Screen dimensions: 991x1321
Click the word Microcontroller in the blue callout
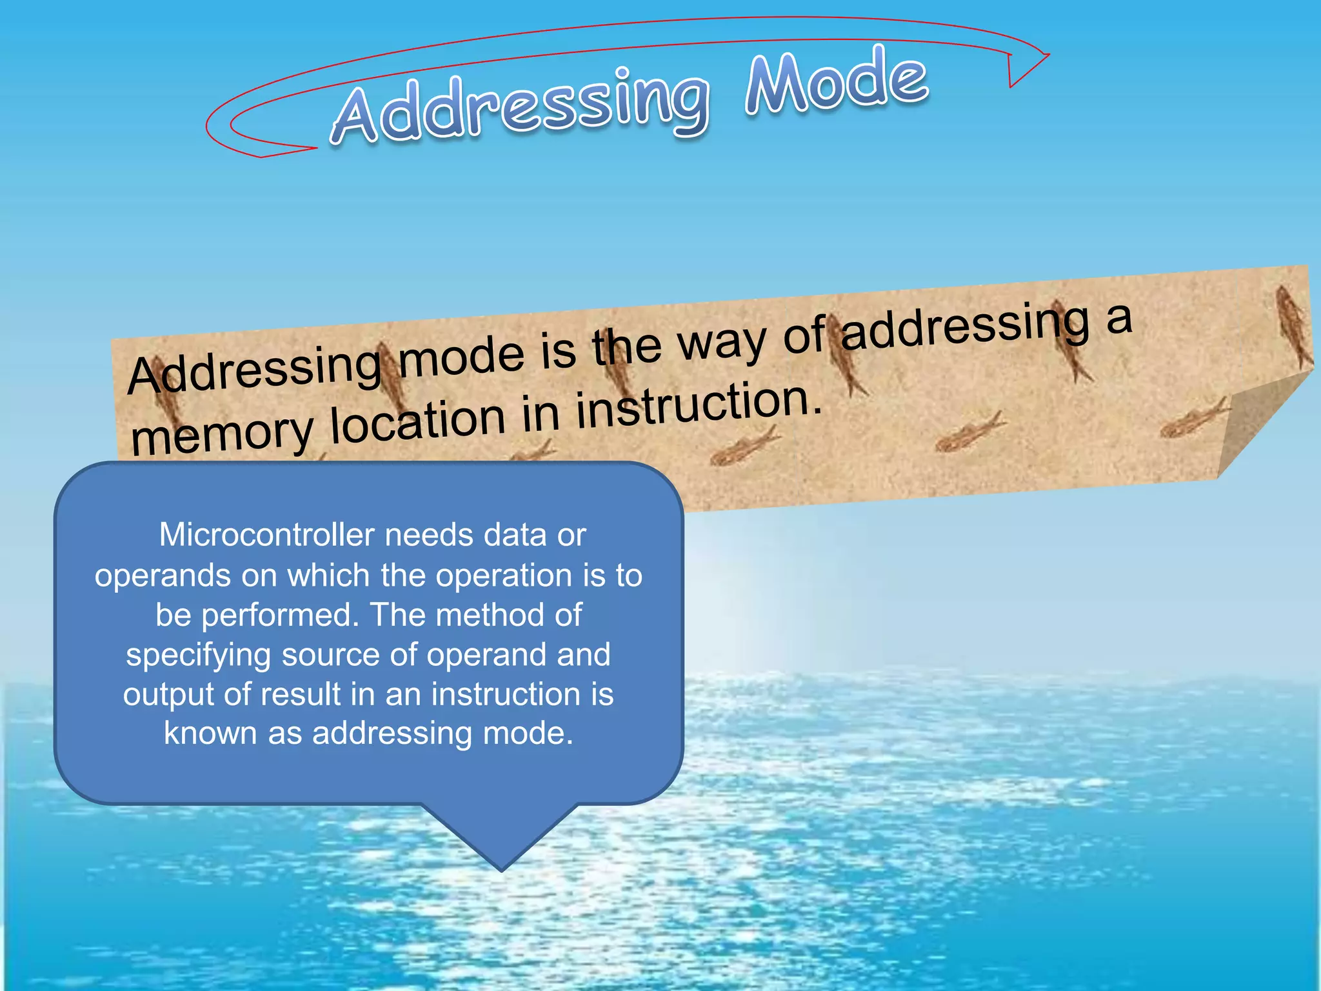(x=266, y=535)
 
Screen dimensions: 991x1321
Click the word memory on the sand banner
(x=221, y=434)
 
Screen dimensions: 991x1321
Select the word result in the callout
(x=300, y=695)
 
